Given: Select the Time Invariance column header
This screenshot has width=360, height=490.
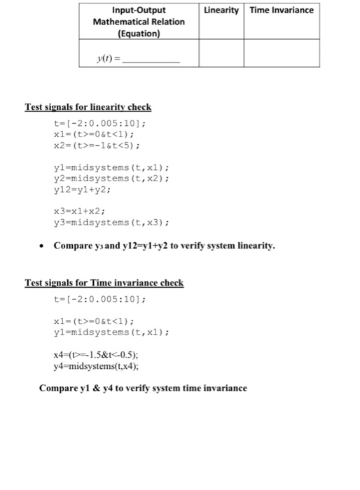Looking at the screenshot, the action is (282, 10).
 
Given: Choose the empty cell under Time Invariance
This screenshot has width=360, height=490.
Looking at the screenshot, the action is (282, 54).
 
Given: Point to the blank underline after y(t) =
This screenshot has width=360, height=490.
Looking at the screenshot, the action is (151, 62).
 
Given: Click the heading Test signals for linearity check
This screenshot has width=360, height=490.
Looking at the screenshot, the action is (88, 107).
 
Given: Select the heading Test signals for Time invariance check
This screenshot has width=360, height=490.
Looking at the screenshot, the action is (104, 283).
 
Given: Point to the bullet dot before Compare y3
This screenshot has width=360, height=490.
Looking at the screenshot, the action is (43, 246).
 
